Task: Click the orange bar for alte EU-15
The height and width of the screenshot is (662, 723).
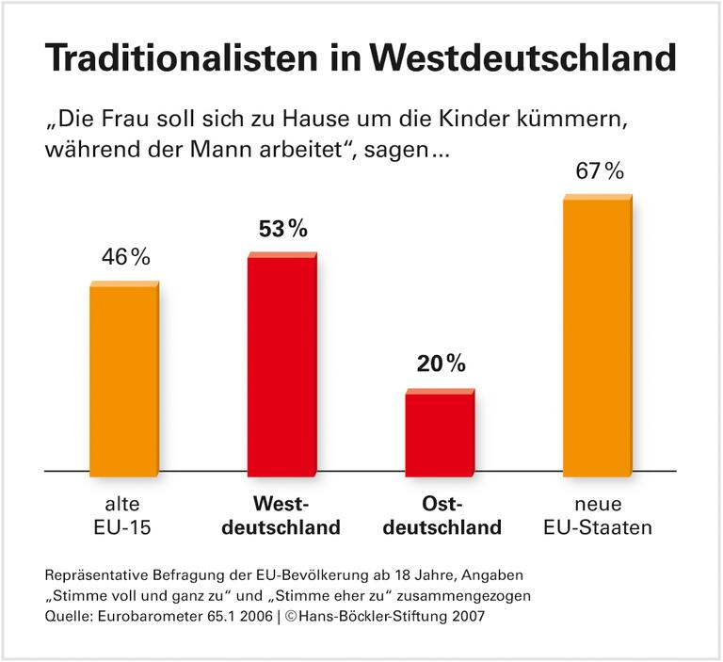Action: [124, 377]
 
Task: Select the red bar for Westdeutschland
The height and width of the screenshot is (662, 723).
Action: [282, 363]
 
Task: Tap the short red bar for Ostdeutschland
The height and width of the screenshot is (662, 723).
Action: [441, 431]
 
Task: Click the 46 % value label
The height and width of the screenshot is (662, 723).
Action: [125, 257]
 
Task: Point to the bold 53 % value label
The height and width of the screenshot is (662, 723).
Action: [282, 229]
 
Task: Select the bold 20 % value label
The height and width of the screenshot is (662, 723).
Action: [441, 363]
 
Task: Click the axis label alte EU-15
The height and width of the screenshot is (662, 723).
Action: [124, 515]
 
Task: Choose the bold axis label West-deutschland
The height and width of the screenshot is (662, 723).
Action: [282, 515]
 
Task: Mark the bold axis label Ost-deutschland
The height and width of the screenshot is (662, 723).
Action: [441, 515]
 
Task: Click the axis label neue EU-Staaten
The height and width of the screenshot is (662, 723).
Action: [598, 515]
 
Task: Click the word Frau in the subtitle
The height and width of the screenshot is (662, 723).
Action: [122, 124]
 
